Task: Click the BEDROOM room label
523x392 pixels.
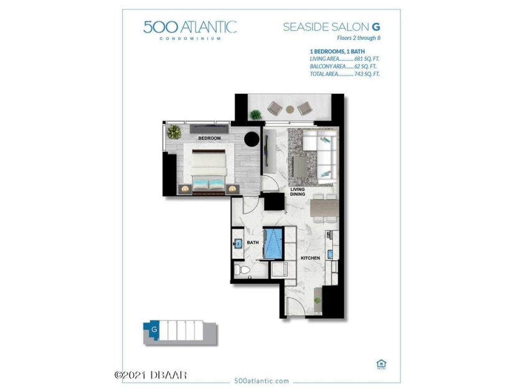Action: point(209,138)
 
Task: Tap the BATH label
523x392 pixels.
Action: point(253,243)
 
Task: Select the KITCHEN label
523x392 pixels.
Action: point(310,258)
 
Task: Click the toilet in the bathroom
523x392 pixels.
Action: point(242,271)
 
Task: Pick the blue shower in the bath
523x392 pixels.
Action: point(273,243)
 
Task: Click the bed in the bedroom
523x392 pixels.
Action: point(209,169)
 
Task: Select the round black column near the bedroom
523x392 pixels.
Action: point(252,139)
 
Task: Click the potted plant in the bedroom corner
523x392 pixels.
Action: point(174,132)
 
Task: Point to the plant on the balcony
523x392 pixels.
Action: point(255,114)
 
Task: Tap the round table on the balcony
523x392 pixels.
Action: point(290,109)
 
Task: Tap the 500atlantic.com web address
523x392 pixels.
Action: point(261,381)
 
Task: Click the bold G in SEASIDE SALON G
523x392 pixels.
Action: point(376,27)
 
